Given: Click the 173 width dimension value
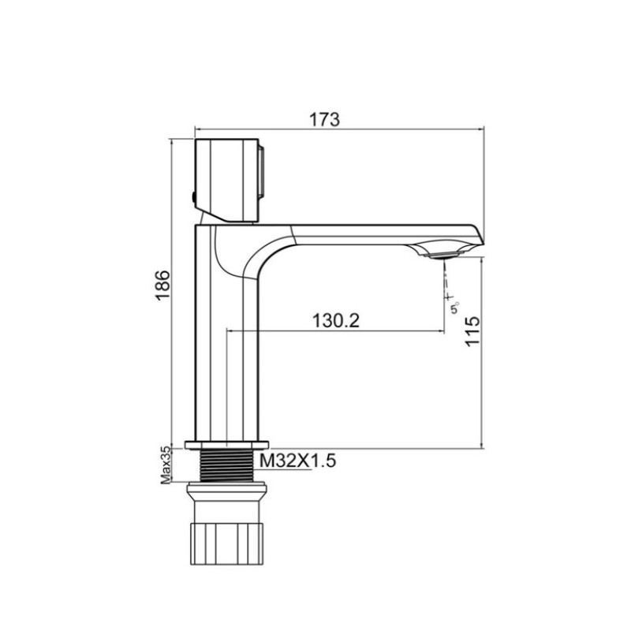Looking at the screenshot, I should [324, 120].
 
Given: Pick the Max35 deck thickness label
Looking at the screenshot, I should [166, 465].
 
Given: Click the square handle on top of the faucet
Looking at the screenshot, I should [227, 177].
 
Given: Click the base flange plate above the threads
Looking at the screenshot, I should [226, 443].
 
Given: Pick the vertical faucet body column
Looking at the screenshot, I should [226, 355].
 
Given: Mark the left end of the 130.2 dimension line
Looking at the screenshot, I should [228, 332].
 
